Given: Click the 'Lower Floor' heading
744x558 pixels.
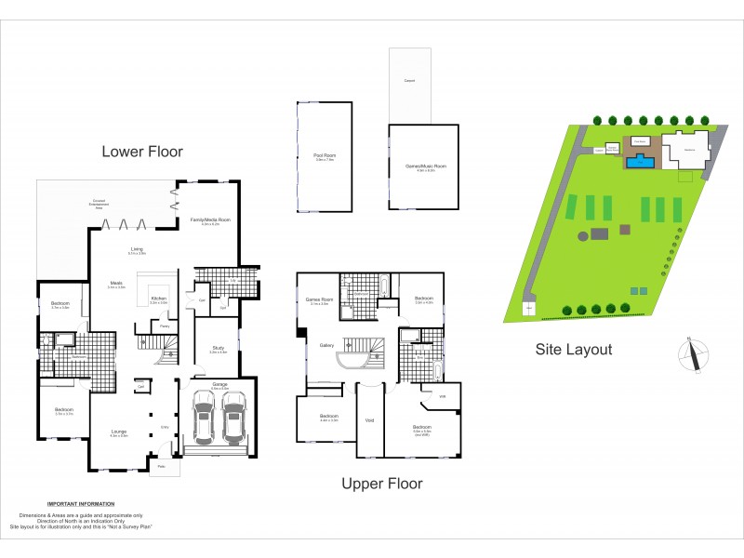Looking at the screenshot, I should tap(142, 151).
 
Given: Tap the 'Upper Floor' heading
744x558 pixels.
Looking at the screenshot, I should tap(381, 483).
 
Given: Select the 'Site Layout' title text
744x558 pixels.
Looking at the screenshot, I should tap(573, 350).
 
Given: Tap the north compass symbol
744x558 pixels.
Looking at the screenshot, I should tap(693, 355).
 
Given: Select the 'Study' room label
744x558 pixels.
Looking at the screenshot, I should tap(219, 350).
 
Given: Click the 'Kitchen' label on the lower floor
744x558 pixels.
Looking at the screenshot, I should tap(159, 299).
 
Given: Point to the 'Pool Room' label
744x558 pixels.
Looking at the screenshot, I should tap(323, 156).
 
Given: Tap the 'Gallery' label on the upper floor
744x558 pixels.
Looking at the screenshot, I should tap(327, 345).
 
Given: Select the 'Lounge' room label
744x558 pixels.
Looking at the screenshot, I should tap(118, 432).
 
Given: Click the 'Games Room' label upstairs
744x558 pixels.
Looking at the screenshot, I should tap(318, 299).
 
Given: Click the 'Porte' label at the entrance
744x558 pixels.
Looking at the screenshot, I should tap(161, 466).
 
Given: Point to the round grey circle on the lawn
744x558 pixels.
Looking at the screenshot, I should tap(583, 236).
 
